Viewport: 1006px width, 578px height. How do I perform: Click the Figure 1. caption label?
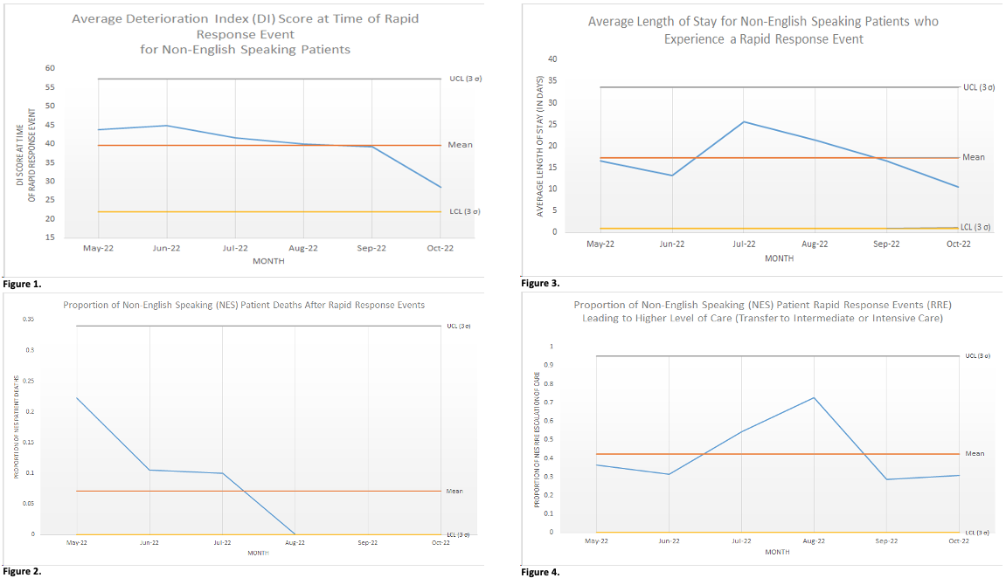click(x=22, y=284)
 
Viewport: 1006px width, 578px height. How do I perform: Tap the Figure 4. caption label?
click(x=539, y=572)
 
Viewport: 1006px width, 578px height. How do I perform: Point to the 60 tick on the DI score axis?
click(x=50, y=68)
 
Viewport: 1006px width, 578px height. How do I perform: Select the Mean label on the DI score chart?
click(x=460, y=144)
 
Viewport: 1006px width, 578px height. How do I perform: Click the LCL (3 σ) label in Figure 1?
click(x=463, y=211)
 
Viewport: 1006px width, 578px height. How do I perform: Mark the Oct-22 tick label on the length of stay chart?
click(x=958, y=244)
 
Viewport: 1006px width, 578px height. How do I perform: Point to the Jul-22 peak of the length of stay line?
click(x=744, y=121)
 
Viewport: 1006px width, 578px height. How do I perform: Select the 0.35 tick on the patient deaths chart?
click(x=29, y=320)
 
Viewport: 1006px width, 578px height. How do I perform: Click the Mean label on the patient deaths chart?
click(x=454, y=491)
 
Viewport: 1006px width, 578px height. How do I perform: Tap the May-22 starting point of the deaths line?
click(x=77, y=398)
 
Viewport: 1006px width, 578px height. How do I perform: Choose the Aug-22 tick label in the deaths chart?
click(x=295, y=542)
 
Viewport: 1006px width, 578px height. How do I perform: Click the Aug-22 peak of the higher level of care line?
click(x=815, y=398)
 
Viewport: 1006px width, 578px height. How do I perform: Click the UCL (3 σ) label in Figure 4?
click(x=977, y=355)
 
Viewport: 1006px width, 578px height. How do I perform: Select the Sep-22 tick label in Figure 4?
click(x=886, y=540)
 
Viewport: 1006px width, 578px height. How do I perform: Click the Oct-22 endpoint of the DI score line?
click(x=441, y=187)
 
